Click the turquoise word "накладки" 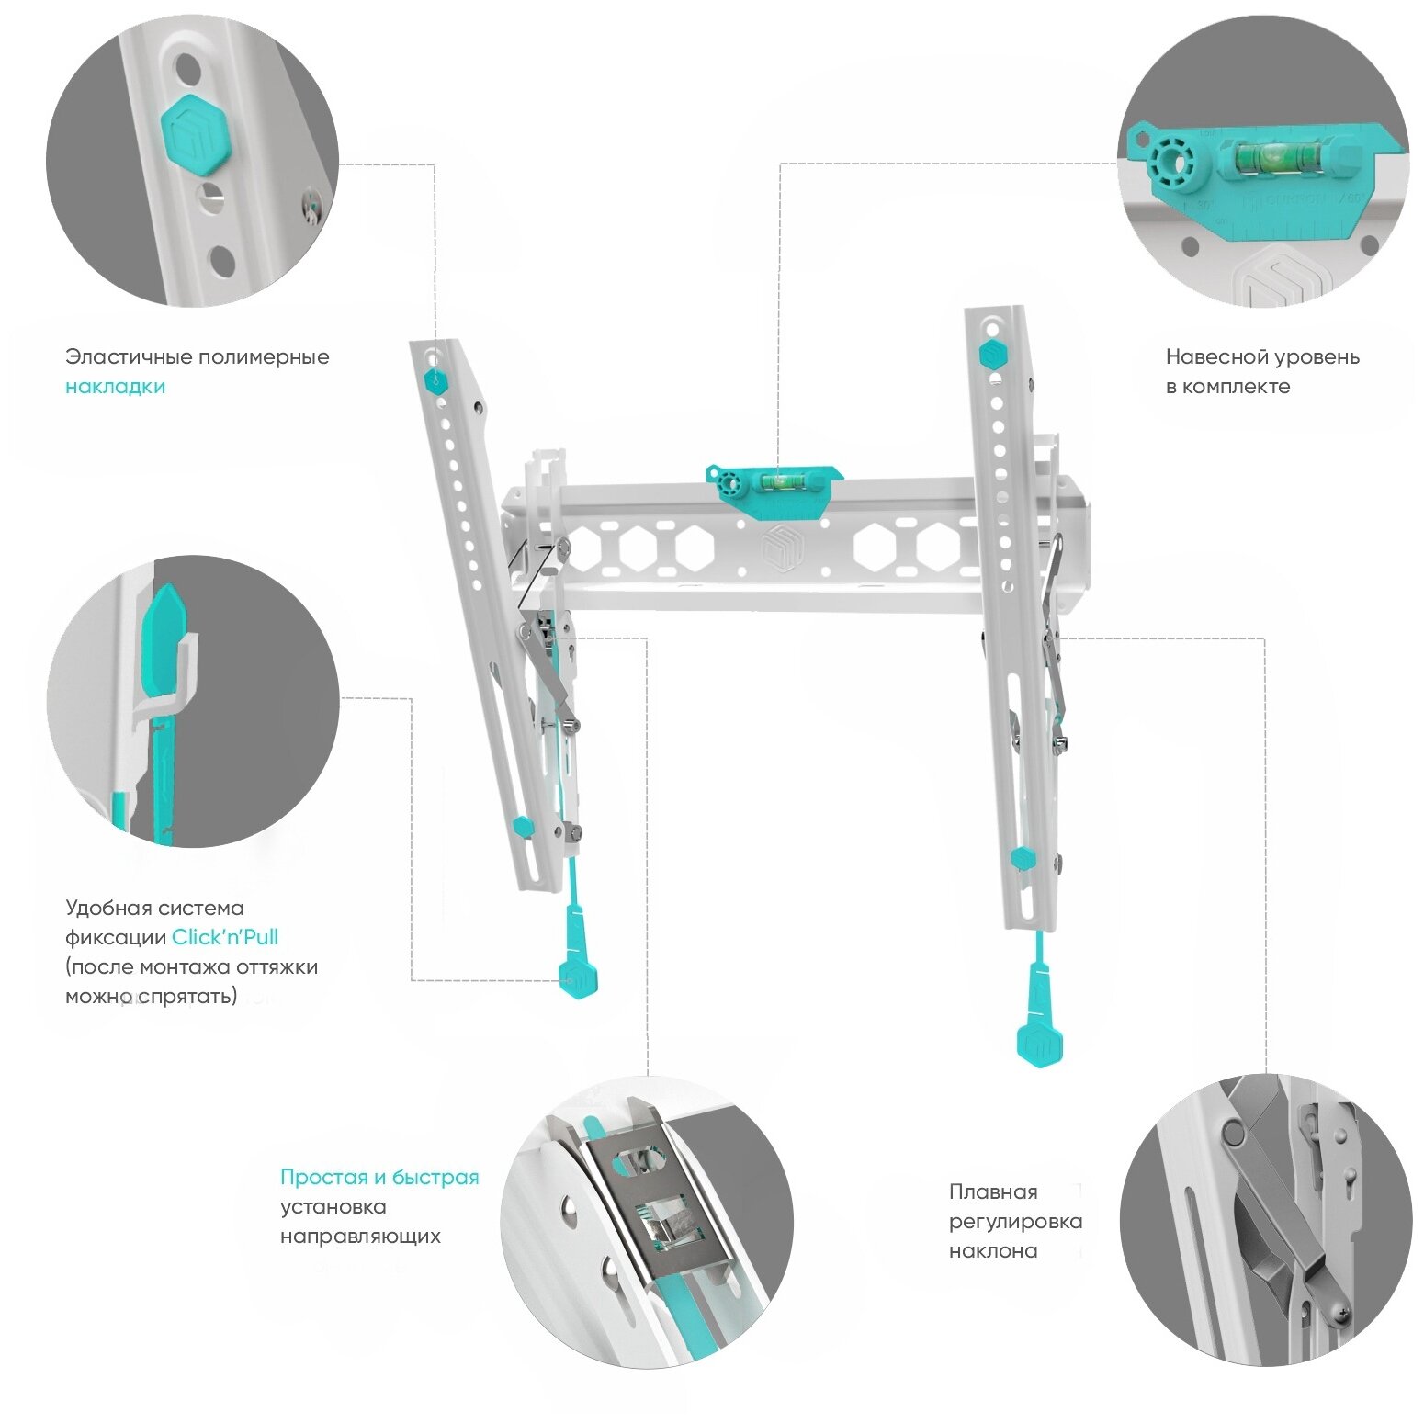(x=115, y=387)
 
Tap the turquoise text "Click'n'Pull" (x=225, y=937)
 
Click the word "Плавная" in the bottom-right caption (x=993, y=1192)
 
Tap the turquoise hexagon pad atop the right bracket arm (x=991, y=354)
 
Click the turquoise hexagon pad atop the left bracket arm (x=435, y=382)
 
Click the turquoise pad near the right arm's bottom (x=1023, y=858)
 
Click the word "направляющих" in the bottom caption (x=360, y=1237)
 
